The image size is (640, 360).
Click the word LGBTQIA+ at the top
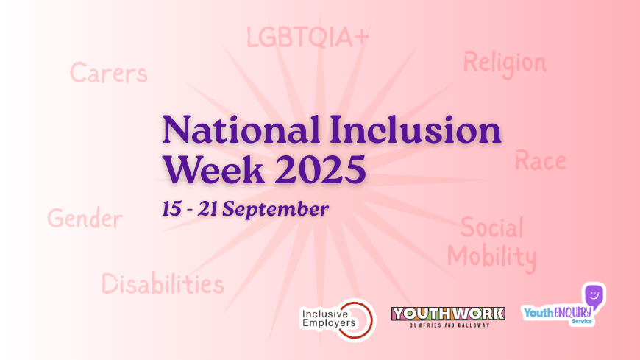click(307, 38)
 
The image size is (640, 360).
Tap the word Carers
click(109, 73)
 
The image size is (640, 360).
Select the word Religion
click(505, 64)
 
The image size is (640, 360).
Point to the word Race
click(541, 160)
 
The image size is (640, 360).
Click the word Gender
click(85, 218)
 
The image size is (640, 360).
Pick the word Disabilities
click(163, 283)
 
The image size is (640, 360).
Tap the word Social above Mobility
click(492, 227)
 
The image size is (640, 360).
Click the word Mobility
click(492, 258)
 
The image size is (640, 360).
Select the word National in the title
click(241, 130)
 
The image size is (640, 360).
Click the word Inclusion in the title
click(416, 130)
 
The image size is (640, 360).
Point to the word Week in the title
click(213, 169)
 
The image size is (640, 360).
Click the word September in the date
click(276, 209)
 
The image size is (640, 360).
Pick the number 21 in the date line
click(207, 209)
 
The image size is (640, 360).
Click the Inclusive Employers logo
click(338, 320)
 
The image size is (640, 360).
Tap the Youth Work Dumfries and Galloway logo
click(448, 317)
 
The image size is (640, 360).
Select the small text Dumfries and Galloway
click(449, 325)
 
